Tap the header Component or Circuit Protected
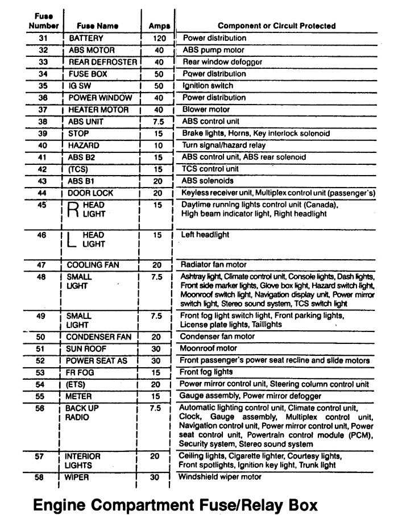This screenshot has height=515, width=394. (x=277, y=26)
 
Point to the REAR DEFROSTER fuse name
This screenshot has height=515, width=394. (x=103, y=62)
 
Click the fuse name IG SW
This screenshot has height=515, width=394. (x=81, y=86)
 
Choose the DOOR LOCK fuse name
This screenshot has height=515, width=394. (x=90, y=193)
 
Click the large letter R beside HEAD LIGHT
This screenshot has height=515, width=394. (x=73, y=210)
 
